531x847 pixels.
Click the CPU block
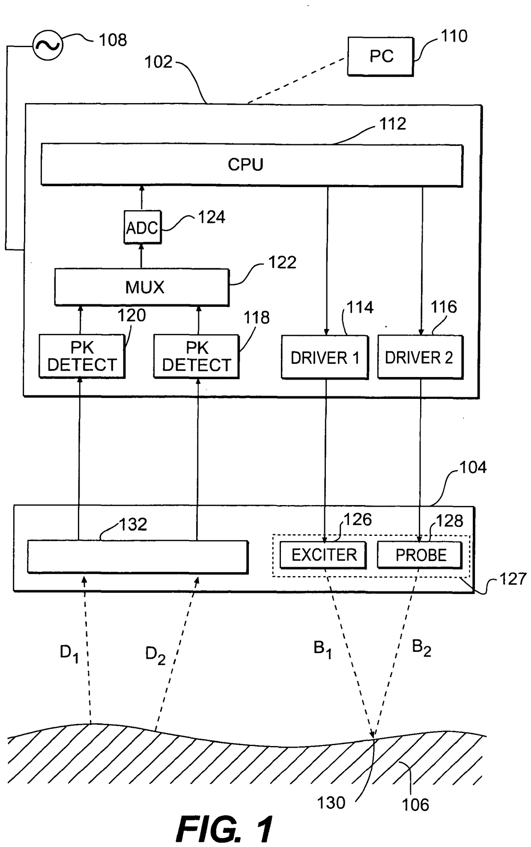click(x=252, y=165)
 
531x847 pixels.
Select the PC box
click(x=381, y=56)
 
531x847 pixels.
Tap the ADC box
click(x=142, y=227)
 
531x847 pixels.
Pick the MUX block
click(x=142, y=287)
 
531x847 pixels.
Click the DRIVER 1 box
click(x=325, y=357)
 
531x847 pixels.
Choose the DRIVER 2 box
click(x=420, y=357)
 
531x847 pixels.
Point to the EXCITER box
click(x=323, y=555)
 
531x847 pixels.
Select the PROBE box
click(x=420, y=555)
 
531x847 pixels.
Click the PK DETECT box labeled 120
click(x=82, y=357)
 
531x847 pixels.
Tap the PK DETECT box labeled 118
click(x=196, y=357)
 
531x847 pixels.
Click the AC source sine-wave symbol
click(x=48, y=45)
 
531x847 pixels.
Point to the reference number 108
click(x=113, y=40)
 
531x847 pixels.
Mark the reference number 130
click(x=331, y=803)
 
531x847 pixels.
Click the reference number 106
click(x=415, y=805)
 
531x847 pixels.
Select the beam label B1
click(x=323, y=649)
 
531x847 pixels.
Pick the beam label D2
click(x=155, y=655)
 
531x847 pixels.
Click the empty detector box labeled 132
click(x=138, y=557)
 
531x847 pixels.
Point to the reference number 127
click(x=513, y=579)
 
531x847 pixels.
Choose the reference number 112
click(x=393, y=124)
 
